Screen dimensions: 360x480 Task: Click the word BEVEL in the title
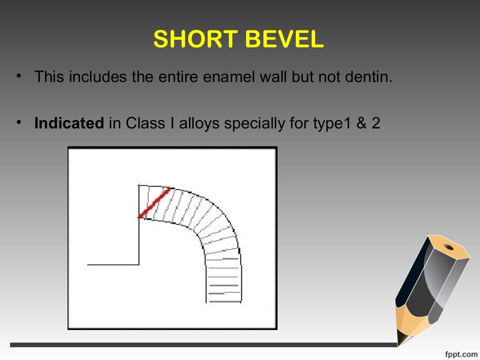(283, 40)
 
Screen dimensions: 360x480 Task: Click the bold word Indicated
(69, 124)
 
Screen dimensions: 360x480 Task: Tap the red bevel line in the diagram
(154, 203)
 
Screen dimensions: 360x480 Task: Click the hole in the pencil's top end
(449, 247)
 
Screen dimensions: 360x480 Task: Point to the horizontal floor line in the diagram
(112, 265)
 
